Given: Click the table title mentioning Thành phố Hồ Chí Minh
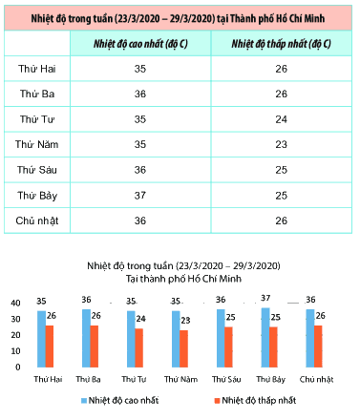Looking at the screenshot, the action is pos(178,18).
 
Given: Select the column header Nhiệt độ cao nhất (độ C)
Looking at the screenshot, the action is pos(140,44).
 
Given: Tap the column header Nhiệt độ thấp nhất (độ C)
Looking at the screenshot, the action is pos(281,44).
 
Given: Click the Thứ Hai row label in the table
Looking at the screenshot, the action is pos(37,69).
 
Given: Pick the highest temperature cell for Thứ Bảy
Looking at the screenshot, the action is pos(140,196).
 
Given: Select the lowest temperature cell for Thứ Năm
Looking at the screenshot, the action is pos(282,144).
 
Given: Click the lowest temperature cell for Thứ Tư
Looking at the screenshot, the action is pos(282,119).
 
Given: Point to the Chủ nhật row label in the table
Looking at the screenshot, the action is pos(37,220).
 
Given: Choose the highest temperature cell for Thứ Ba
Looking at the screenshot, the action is pos(140,94).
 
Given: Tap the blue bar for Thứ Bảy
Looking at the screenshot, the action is pos(265,338).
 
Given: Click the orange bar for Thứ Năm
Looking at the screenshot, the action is pos(184,348).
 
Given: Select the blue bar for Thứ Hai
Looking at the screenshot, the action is pos(41,339).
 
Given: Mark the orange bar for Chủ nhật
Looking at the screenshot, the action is pos(318,346).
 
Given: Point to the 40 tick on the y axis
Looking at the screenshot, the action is pos(15,303).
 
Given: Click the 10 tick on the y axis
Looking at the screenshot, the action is pos(15,351).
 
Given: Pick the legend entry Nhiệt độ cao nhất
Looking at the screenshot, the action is pos(120,400).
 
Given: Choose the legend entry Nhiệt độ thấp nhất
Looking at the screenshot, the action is pos(255,400).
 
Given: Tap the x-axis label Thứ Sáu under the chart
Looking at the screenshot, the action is pos(226,379).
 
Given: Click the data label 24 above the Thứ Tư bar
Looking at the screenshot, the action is pos(140,319).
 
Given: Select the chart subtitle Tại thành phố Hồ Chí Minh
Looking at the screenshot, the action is pos(183,279).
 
